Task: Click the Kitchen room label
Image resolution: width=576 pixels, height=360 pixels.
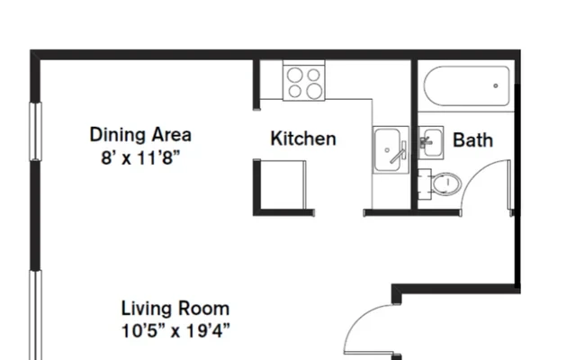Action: [303, 139]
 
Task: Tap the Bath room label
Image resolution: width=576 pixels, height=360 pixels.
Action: [472, 140]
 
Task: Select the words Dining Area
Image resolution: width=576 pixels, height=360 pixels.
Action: [140, 134]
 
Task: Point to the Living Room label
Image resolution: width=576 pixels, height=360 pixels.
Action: [175, 308]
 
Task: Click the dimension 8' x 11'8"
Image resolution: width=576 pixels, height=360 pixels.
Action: [140, 158]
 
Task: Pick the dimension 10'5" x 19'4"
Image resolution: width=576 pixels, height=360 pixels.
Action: [175, 331]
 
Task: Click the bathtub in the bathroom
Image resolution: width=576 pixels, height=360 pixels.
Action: [466, 86]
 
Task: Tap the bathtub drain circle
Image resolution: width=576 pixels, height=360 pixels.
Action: [496, 86]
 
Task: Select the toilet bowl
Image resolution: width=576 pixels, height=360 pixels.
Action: [446, 184]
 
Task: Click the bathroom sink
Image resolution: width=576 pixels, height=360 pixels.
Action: [431, 142]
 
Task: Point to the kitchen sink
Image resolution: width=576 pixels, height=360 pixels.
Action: [391, 149]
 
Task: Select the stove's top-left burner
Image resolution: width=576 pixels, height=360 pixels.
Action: [294, 75]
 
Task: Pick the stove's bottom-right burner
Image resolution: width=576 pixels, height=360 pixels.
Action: [314, 91]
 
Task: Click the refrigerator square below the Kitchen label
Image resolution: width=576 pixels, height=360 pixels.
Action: [283, 185]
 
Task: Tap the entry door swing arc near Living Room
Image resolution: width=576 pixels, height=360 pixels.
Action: [358, 319]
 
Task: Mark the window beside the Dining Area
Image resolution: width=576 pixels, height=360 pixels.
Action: [35, 131]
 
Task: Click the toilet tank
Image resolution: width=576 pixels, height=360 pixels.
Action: [425, 184]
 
